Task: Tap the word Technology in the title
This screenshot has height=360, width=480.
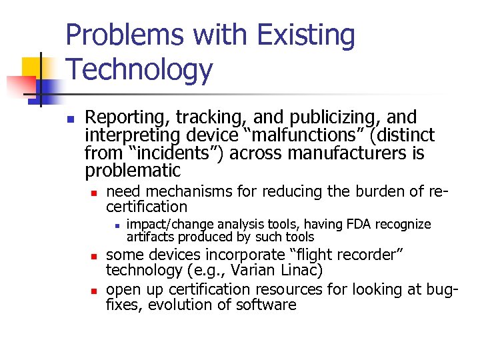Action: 139,69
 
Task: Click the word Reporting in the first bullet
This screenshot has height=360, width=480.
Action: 128,118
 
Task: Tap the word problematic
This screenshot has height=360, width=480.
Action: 133,171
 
